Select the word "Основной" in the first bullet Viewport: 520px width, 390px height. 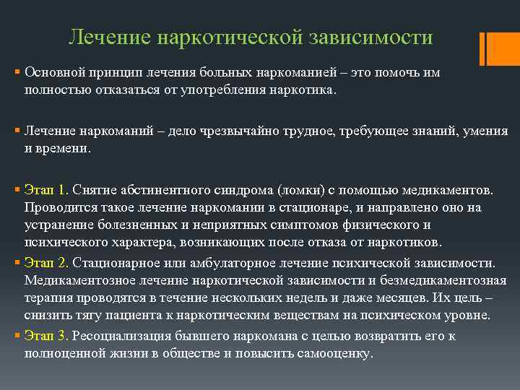point(52,73)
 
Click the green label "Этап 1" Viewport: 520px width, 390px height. point(45,190)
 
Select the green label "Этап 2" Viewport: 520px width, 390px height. point(45,261)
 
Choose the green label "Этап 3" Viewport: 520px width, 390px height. point(45,336)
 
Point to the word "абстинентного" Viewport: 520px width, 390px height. point(164,190)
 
